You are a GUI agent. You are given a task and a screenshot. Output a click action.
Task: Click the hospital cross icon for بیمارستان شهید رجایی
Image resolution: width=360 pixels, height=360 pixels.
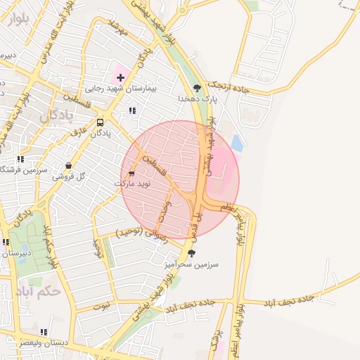pyautogui.click(x=120, y=77)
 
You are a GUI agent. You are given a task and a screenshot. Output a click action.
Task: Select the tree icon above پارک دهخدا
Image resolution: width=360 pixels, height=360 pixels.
pyautogui.click(x=197, y=88)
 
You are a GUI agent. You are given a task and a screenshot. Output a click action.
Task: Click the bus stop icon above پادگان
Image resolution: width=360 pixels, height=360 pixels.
pyautogui.click(x=99, y=122)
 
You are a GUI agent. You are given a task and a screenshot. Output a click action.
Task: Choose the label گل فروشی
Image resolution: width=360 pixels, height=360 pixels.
pyautogui.click(x=68, y=176)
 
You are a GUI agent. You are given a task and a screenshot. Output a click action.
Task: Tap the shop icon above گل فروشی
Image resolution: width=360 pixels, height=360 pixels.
pyautogui.click(x=68, y=166)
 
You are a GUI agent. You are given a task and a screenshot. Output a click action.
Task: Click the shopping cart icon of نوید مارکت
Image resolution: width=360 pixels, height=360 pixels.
pyautogui.click(x=131, y=173)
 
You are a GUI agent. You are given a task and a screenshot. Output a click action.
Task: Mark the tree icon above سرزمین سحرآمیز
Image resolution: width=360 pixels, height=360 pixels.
pyautogui.click(x=192, y=252)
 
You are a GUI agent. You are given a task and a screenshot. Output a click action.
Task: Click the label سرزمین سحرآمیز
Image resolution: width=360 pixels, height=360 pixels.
pyautogui.click(x=192, y=264)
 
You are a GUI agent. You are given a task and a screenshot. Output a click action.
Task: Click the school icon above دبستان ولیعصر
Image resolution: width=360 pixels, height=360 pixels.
pyautogui.click(x=44, y=332)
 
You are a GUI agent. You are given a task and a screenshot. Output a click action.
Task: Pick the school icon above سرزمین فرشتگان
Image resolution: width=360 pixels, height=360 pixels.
pyautogui.click(x=20, y=160)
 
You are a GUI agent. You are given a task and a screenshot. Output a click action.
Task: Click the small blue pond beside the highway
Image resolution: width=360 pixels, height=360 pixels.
pyautogui.click(x=236, y=144)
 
